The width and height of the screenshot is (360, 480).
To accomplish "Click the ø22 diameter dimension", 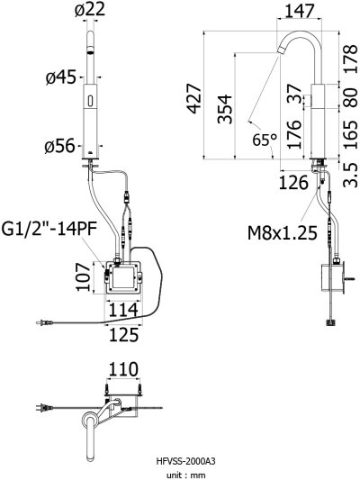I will [x=90, y=11].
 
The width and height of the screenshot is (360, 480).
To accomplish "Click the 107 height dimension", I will [x=80, y=278].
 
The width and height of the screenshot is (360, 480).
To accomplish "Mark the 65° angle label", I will [x=264, y=140].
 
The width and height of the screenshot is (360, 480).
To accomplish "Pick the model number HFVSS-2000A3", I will [x=180, y=460].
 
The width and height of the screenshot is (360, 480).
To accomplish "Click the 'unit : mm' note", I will [x=180, y=473].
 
